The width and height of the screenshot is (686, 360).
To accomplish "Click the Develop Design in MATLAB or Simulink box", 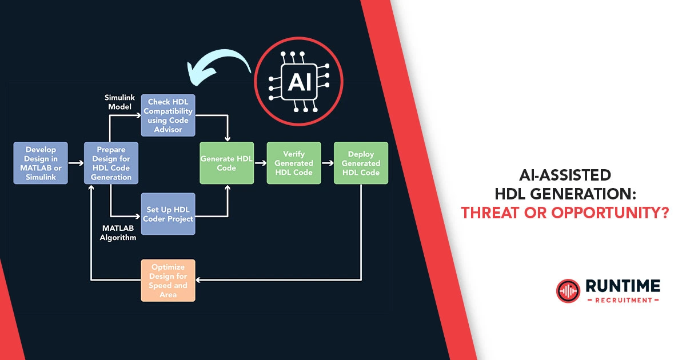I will [x=41, y=163].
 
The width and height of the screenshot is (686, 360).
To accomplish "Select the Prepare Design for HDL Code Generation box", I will [x=111, y=163].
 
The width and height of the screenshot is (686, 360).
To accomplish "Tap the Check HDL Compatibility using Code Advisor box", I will [x=168, y=115].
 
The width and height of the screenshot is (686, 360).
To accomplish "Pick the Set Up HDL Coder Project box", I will [x=168, y=214].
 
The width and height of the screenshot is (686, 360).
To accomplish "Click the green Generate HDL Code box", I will [x=227, y=163].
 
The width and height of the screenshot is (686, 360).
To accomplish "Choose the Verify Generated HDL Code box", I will [x=294, y=163].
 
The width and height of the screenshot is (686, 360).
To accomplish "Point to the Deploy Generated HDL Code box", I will [x=361, y=163].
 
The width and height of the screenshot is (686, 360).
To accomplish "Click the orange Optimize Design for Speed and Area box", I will [x=168, y=281].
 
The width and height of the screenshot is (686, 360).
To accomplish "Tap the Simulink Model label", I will [x=120, y=102].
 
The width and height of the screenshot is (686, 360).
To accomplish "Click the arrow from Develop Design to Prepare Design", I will [x=76, y=163].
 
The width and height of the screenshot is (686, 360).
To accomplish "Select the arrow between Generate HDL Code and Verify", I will [x=260, y=163].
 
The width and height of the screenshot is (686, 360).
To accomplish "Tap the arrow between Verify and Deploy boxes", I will [x=328, y=163].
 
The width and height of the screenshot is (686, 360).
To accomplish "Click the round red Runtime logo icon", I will [x=568, y=291].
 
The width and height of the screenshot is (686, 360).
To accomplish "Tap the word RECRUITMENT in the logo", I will [x=623, y=300].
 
